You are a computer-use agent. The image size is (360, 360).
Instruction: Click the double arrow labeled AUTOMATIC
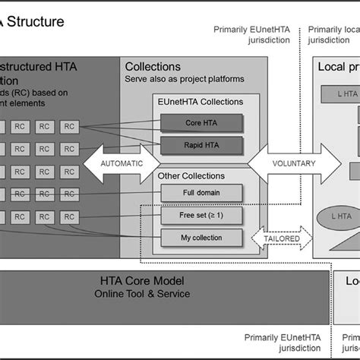121,163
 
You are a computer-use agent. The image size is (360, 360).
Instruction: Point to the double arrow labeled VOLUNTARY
293,163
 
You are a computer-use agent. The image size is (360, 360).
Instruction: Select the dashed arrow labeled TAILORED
282,238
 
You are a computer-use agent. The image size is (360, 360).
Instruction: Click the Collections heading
153,68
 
